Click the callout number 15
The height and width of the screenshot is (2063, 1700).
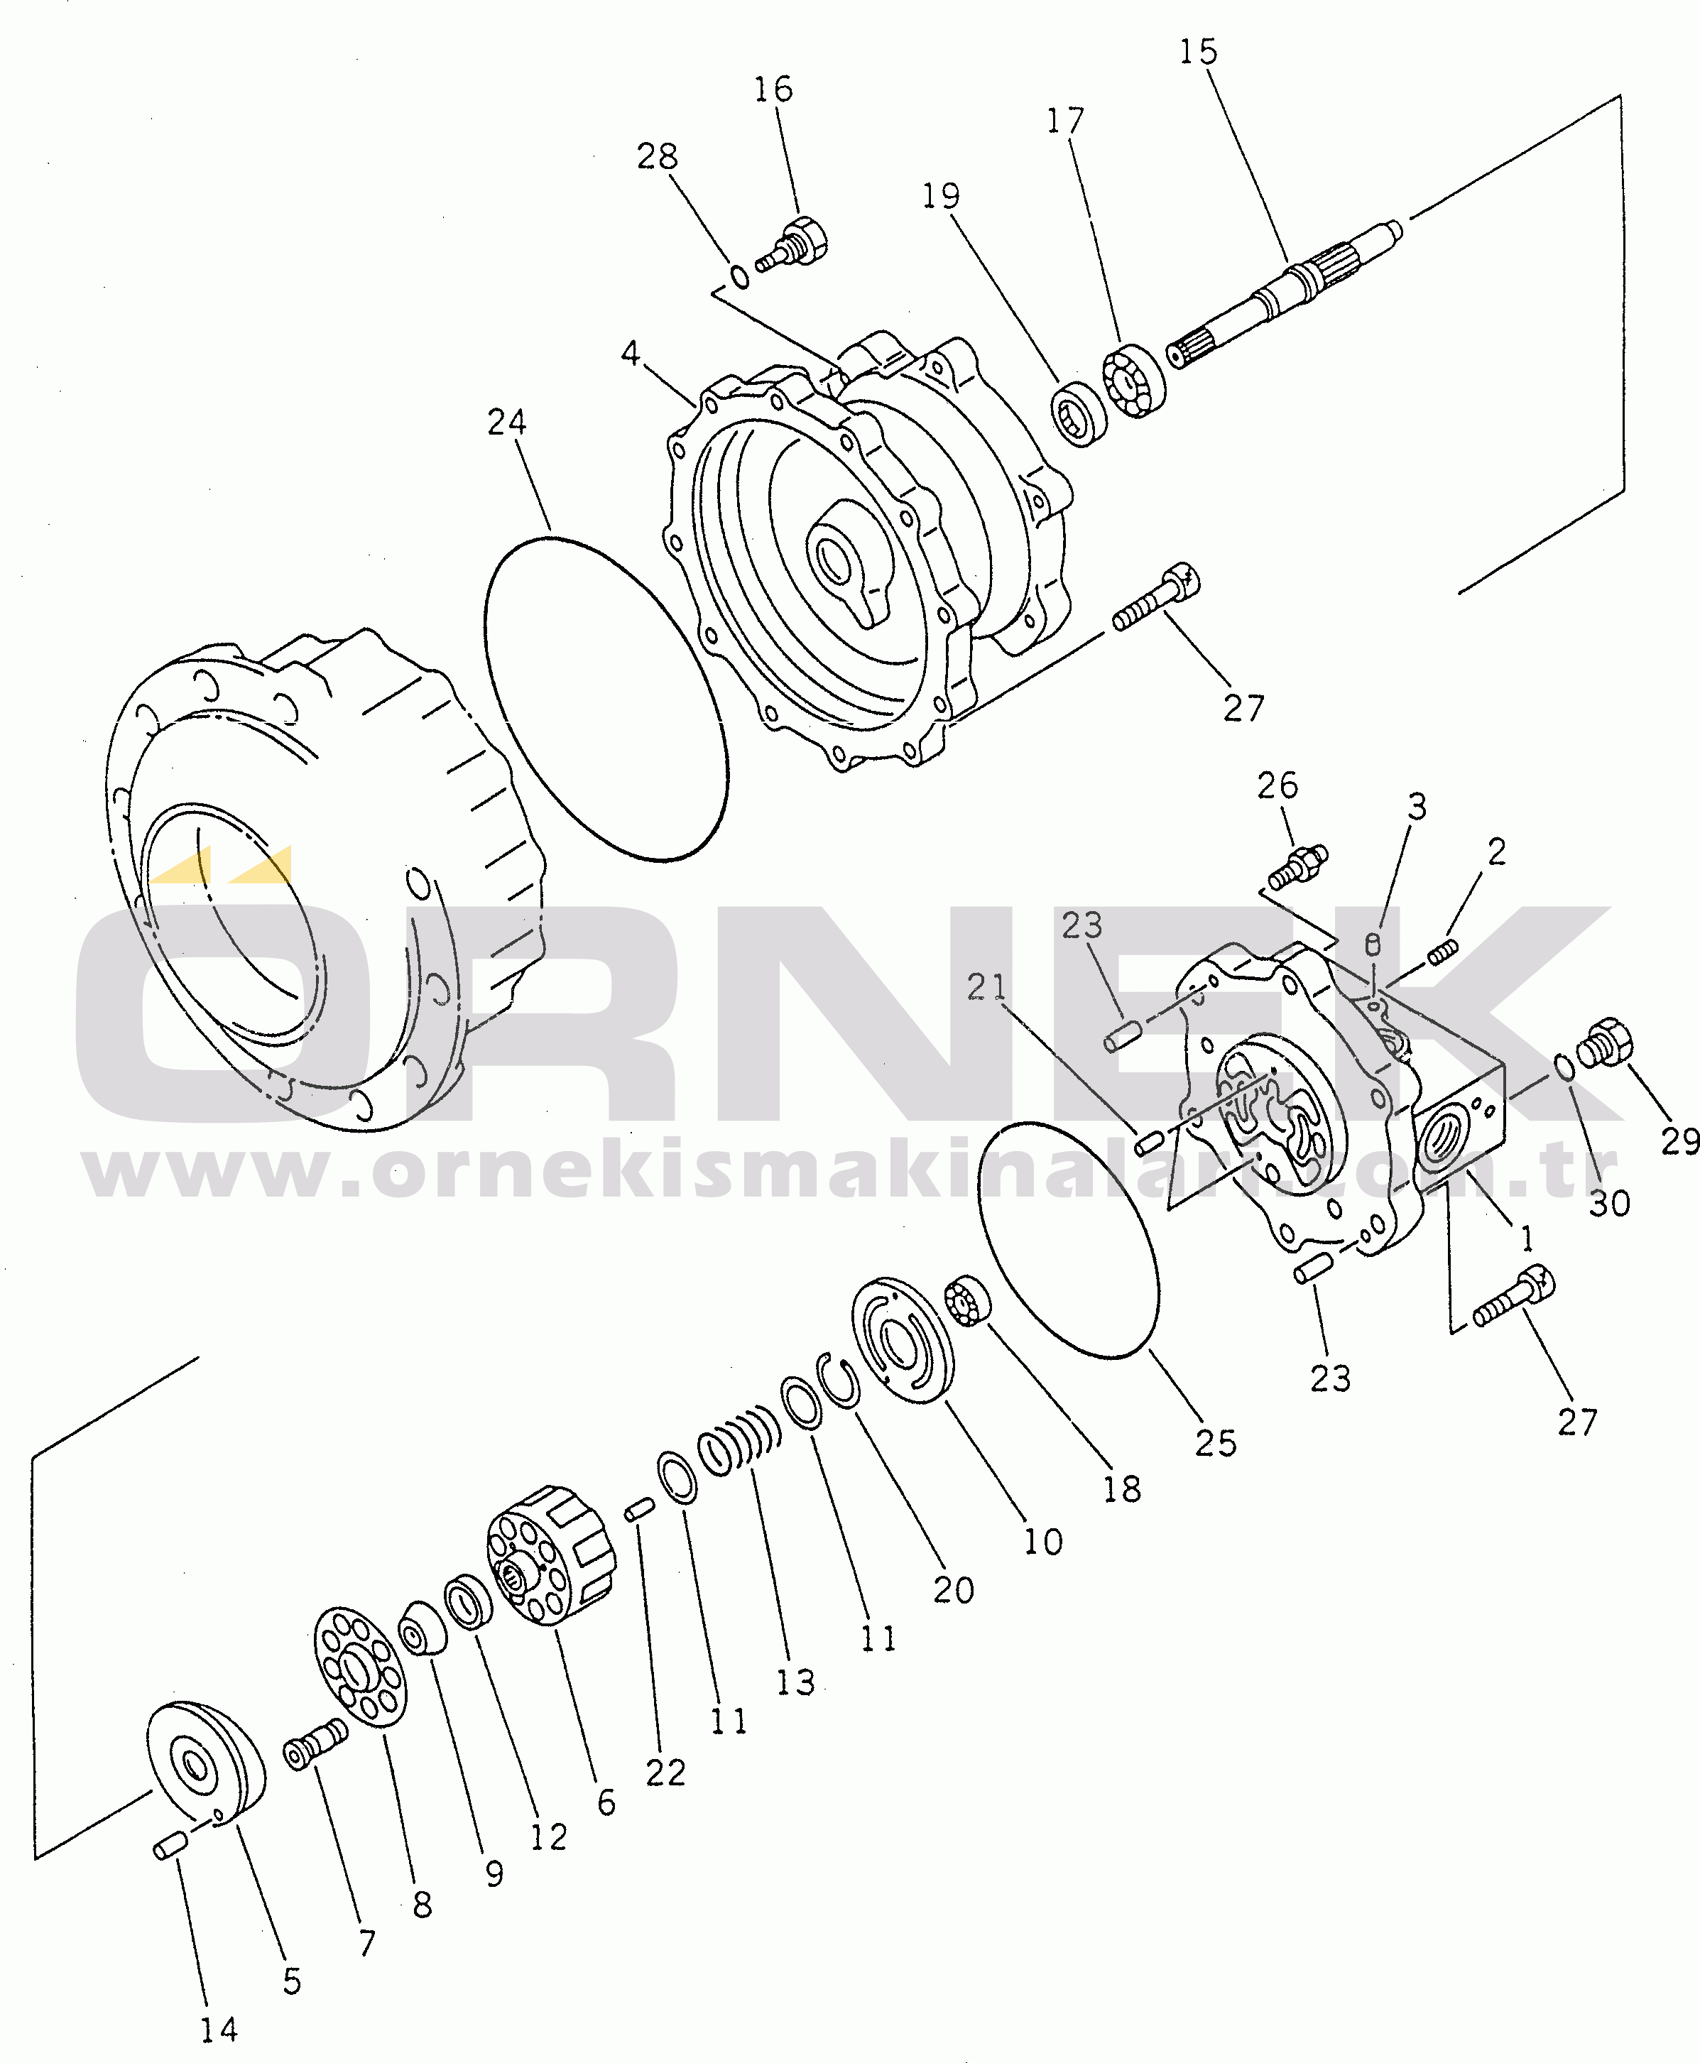coord(1198,52)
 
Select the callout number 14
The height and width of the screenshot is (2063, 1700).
coord(219,2030)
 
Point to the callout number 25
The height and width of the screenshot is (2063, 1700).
coord(1215,1442)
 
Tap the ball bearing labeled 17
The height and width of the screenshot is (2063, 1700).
coord(1134,379)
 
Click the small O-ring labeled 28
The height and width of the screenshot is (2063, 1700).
coord(741,276)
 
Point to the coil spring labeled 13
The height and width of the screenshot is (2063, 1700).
coord(739,1439)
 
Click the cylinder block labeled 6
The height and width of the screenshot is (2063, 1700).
coord(551,1557)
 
